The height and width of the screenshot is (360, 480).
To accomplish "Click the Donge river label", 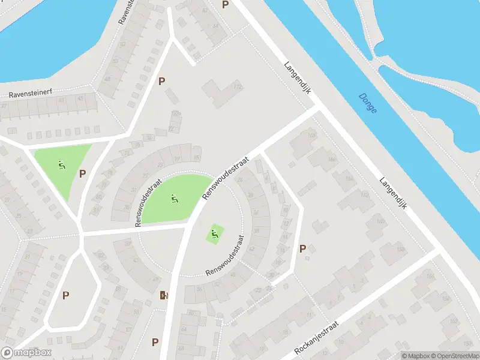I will coord(367,103).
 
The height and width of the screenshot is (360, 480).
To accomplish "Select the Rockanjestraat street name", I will coord(317,338).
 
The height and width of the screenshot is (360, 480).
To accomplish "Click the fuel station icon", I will coord(164,295).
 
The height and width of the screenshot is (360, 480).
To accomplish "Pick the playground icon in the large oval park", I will coord(174,198).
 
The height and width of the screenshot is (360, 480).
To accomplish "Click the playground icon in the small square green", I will coord(214,233).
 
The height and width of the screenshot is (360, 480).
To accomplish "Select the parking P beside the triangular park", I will coord(83,173).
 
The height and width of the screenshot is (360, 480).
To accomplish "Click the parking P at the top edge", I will coord(225,4).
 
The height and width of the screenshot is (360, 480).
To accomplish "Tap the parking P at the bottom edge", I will coord(155,343).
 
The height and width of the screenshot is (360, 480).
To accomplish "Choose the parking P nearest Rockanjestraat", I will coord(303,248).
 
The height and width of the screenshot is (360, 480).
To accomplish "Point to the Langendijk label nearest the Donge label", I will coord(296,77).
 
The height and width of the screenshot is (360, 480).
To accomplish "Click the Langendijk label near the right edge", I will coord(394,192).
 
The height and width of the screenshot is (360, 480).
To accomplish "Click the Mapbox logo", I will coord(26,353).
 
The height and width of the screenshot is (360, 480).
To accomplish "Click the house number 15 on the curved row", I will coord(197,157).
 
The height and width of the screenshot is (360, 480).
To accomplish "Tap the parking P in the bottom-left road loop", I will coord(65,295).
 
